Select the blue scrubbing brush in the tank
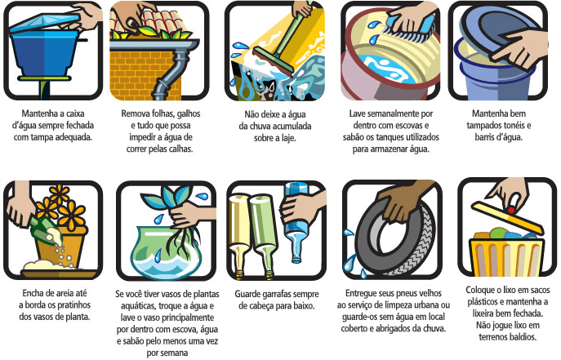[412, 27]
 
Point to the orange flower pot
[61, 246]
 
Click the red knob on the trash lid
[511, 210]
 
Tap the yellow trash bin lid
[508, 217]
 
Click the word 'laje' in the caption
[287, 138]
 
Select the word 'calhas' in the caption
[180, 149]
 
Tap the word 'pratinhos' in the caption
[73, 305]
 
